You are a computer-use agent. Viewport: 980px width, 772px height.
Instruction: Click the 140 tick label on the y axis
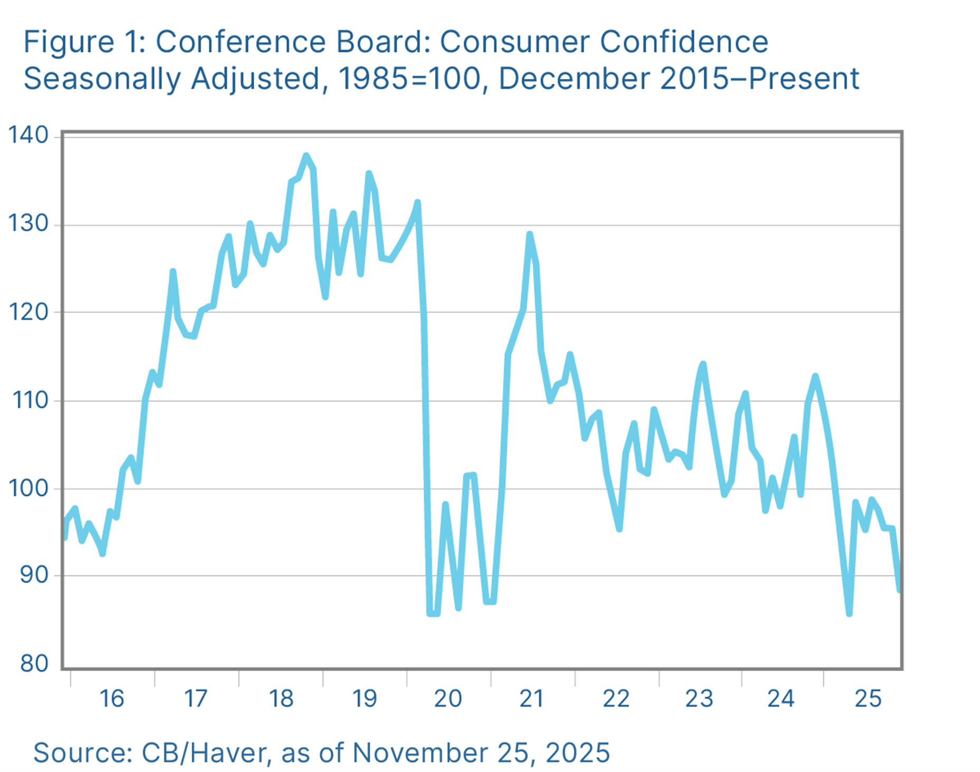click(28, 136)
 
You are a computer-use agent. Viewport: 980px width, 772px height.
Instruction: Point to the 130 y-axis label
click(28, 224)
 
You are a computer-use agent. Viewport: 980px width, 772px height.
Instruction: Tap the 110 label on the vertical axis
click(29, 401)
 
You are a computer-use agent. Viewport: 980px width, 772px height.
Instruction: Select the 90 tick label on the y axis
click(33, 576)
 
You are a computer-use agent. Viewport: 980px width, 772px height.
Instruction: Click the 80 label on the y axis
click(33, 664)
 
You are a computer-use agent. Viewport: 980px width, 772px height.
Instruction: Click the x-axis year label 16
click(111, 699)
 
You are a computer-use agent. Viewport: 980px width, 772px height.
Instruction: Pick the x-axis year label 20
click(448, 699)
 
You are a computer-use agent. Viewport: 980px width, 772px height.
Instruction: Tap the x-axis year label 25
click(868, 699)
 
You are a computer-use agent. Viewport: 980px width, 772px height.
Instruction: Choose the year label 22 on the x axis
click(616, 699)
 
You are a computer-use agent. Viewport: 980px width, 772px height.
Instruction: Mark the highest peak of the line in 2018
click(306, 155)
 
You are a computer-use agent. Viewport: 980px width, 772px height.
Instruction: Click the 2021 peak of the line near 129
click(529, 234)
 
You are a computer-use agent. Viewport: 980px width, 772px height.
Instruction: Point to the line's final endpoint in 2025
click(899, 590)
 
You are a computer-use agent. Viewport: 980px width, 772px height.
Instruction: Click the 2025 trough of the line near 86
click(849, 614)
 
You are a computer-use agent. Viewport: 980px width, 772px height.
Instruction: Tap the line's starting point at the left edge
click(64, 538)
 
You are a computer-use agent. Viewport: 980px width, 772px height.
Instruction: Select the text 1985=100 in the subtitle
click(409, 79)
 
